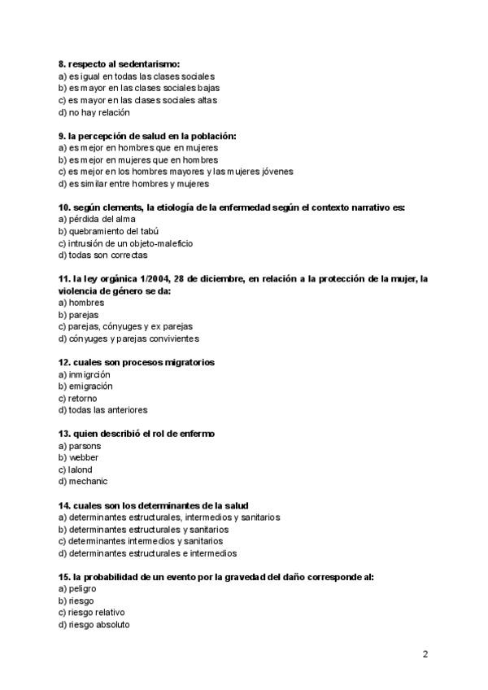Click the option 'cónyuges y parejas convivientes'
click(x=133, y=338)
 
